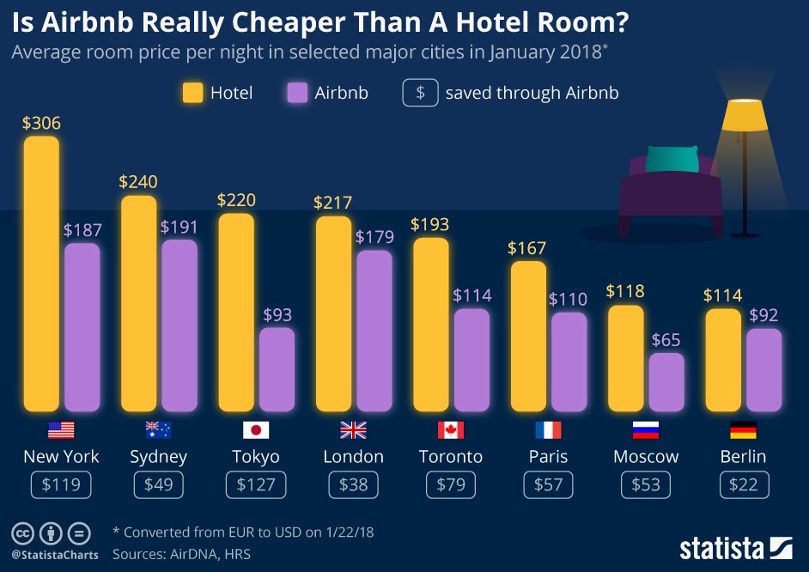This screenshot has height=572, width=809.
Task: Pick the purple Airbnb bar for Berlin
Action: pyautogui.click(x=763, y=369)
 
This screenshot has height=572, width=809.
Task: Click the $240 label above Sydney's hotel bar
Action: pyautogui.click(x=138, y=182)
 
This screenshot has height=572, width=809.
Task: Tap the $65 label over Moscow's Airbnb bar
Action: pyautogui.click(x=666, y=339)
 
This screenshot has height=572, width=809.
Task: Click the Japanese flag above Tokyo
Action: pyautogui.click(x=256, y=430)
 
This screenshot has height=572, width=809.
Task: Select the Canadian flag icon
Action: pyautogui.click(x=451, y=430)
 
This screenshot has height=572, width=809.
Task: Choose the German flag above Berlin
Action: pyautogui.click(x=743, y=430)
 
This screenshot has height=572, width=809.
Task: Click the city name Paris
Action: pyautogui.click(x=548, y=456)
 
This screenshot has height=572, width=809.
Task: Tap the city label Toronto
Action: pyautogui.click(x=451, y=456)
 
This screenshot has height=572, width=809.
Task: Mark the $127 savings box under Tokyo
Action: pyautogui.click(x=256, y=485)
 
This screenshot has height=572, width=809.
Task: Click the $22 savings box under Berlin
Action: pyautogui.click(x=743, y=485)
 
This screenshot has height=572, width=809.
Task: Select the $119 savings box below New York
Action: pyautogui.click(x=61, y=485)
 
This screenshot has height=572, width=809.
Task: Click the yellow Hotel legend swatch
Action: pyautogui.click(x=192, y=93)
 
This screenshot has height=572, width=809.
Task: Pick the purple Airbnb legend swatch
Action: pyautogui.click(x=297, y=93)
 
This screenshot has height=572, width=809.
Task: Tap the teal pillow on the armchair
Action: pyautogui.click(x=672, y=159)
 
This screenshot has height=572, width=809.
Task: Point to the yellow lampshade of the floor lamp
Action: pyautogui.click(x=744, y=115)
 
